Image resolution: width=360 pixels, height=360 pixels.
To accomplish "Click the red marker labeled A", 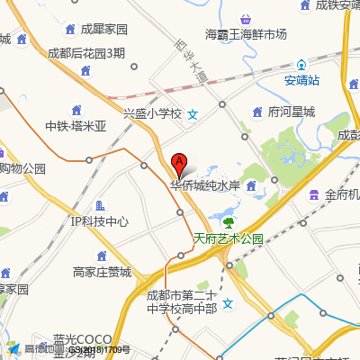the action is (x=179, y=165).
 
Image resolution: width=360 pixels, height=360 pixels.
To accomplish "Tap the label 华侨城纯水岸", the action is (x=205, y=186).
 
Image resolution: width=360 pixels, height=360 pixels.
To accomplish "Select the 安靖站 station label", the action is (x=301, y=78).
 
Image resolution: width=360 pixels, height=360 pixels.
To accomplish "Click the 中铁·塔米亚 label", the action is (x=76, y=126).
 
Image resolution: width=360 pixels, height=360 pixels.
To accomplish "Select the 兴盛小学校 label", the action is (x=152, y=114).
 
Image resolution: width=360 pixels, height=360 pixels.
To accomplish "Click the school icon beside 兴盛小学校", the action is (x=193, y=114).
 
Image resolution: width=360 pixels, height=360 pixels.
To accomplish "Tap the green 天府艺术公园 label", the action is (x=228, y=238).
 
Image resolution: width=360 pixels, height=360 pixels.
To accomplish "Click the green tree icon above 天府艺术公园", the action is (x=228, y=221).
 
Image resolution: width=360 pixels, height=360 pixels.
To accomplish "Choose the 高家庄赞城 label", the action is (x=102, y=272).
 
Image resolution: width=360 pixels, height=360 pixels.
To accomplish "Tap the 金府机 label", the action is (x=342, y=194).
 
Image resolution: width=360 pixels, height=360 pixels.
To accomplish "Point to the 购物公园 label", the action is (x=22, y=168).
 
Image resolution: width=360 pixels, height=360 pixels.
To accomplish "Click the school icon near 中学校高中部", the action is (x=228, y=302).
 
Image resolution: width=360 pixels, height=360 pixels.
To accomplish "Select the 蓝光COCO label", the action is (x=82, y=340).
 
